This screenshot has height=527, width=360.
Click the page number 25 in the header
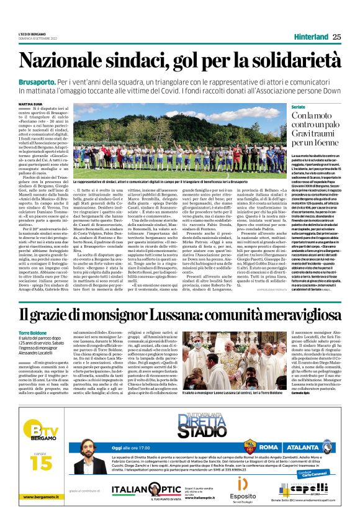click(337, 37)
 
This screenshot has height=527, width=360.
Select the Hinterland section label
click(310, 37)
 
